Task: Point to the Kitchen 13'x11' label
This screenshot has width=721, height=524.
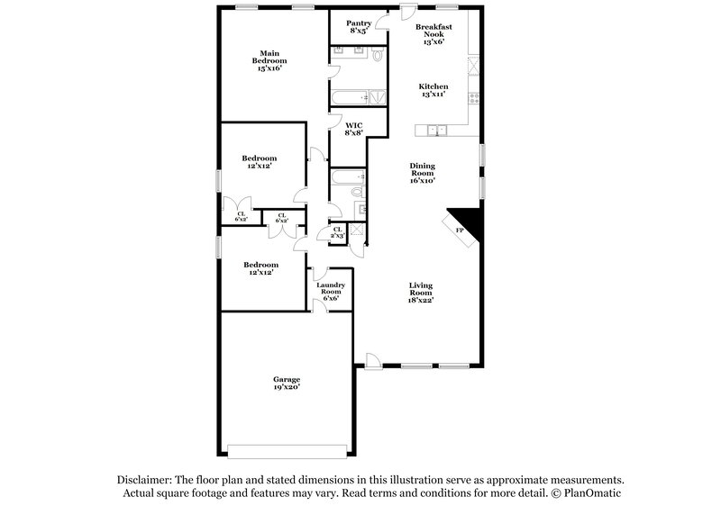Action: click(x=434, y=91)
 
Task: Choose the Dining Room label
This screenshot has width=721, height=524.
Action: click(x=423, y=173)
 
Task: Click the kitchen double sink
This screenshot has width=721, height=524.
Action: click(x=436, y=131)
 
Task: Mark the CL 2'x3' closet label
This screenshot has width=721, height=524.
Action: click(x=338, y=232)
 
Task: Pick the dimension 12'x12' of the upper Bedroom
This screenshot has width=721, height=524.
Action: click(x=259, y=167)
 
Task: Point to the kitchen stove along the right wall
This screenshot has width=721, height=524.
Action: click(x=472, y=69)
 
